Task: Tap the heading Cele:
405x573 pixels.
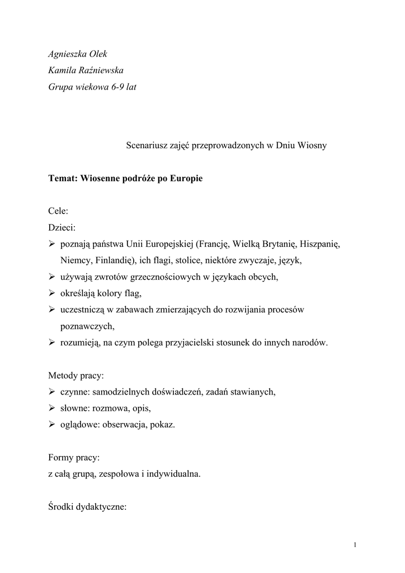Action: (x=58, y=212)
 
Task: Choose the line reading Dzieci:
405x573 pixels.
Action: (x=62, y=228)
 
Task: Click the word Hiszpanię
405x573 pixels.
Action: (x=320, y=244)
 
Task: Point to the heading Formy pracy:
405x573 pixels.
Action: (x=74, y=457)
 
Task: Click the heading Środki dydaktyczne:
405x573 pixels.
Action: (x=88, y=507)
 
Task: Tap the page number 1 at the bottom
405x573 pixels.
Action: (x=355, y=545)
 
